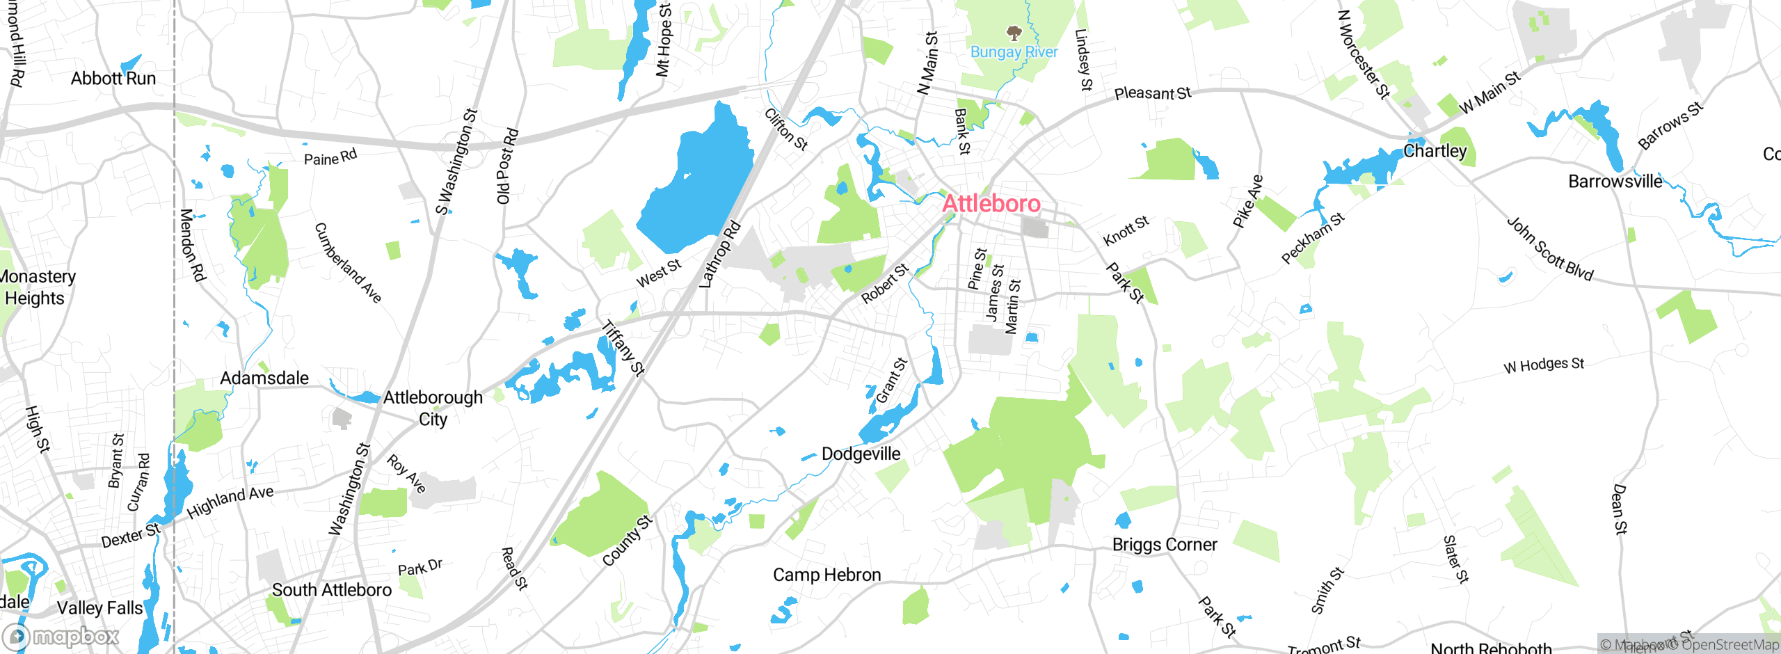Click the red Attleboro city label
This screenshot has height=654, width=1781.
point(991,203)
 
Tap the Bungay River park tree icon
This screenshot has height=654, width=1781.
point(1014,33)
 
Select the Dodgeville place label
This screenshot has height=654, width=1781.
point(861,454)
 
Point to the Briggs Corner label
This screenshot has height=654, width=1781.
point(1165,544)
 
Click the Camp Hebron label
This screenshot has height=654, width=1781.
point(826,575)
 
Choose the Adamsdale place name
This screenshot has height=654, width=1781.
point(264,378)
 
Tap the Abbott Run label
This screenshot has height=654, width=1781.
point(113,78)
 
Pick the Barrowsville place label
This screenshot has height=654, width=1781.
point(1615,182)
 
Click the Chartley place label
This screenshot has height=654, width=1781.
point(1435,151)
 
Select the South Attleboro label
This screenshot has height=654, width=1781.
point(332,590)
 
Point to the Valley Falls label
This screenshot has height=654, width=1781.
point(99,608)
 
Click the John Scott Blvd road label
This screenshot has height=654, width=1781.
point(1549,248)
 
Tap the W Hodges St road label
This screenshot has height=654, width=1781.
point(1543,365)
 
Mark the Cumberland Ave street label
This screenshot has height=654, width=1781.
point(348,262)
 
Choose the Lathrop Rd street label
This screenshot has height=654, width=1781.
point(719,255)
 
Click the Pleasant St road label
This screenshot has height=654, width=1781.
point(1152,93)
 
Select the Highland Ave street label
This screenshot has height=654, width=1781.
point(230,502)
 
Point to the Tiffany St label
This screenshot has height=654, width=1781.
point(623,348)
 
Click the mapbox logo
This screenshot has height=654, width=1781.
point(61,636)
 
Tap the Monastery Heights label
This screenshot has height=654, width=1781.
point(35,287)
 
